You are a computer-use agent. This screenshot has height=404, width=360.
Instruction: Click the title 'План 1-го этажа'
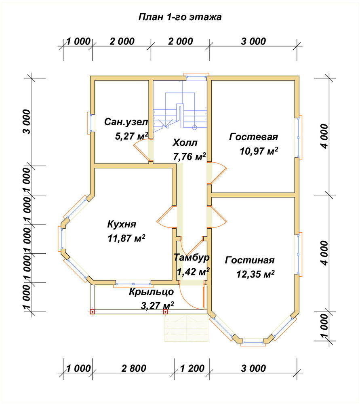pos(180,17)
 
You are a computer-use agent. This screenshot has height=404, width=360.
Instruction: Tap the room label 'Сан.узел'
pos(126,122)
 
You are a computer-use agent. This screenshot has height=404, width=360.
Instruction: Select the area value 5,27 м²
pos(131,136)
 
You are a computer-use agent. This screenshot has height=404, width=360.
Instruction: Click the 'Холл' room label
pos(185,143)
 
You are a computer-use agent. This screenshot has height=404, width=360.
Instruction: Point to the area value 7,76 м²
pos(189,156)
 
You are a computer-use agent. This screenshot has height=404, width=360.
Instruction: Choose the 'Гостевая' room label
pos(254,137)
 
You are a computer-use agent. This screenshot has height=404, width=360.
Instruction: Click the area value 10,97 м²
pos(259,151)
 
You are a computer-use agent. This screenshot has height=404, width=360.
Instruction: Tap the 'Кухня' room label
pos(121,224)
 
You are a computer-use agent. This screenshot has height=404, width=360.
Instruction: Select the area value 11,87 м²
pos(126,238)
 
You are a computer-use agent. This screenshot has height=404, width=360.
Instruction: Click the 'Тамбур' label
pos(192,257)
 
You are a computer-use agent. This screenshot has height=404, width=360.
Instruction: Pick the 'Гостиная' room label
pos(250,260)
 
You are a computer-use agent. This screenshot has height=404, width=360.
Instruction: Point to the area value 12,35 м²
pos(255,274)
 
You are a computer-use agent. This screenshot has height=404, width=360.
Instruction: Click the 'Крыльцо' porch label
pos(151,292)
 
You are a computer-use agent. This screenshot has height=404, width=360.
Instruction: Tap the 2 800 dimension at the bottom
pos(134,368)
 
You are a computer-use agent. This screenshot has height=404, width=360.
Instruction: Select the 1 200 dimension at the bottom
pos(192,368)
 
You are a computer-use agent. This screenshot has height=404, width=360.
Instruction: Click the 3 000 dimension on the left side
pos(27,122)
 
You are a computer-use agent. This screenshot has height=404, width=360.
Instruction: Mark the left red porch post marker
pos(92,312)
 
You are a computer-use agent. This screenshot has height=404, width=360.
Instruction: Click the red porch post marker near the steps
pos(166,312)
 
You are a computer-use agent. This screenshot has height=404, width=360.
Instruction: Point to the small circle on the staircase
pos(195,127)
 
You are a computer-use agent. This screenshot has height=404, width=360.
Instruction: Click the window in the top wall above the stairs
pos(196,76)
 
